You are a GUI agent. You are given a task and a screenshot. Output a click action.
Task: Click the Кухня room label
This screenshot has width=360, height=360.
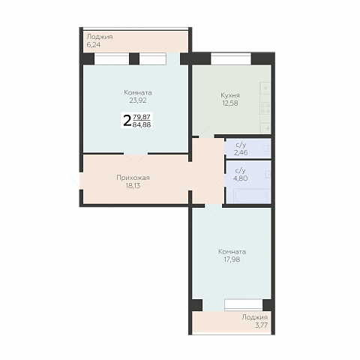pos(230,95)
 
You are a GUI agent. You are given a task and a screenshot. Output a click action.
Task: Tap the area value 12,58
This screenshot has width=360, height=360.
pos(230,103)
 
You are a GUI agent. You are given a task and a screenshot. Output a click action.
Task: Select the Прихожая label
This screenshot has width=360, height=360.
pos(133,178)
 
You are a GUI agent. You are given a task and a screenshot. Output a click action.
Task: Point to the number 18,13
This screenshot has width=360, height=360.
pos(133,186)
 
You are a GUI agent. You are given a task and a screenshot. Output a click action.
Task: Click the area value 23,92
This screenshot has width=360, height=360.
pos(138,100)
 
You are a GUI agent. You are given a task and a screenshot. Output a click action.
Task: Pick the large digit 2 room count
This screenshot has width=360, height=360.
pos(127,121)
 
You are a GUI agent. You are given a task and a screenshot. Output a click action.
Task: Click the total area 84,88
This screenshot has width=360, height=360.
pos(142,124)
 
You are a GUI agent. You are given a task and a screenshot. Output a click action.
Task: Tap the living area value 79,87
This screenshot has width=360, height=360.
pos(142,116)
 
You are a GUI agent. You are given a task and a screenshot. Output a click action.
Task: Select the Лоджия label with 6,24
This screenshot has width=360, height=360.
pos(100,37)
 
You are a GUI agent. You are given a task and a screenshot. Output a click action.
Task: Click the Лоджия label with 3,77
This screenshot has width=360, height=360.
pos(254,317)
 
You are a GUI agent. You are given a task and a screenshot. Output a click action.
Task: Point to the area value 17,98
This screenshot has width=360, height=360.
pos(232,259)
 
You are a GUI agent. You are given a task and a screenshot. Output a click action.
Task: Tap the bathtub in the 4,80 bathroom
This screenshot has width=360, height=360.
pos(251,196)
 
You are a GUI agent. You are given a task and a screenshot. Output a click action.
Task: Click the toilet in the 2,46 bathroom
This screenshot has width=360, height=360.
pos(266,148)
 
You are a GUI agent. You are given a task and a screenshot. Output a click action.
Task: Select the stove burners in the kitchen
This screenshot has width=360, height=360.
pos(265,108)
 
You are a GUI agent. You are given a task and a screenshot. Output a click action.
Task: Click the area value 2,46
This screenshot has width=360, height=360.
pos(241,152)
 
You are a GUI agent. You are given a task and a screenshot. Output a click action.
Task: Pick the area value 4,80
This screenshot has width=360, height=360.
pos(240,178)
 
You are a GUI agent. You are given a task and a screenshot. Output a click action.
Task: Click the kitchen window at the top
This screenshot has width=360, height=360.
pos(231,58)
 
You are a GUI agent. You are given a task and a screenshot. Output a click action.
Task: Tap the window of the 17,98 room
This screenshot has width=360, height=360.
pos(244,305)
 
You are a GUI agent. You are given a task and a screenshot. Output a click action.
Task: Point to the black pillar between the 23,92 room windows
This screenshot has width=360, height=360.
pos(134,58)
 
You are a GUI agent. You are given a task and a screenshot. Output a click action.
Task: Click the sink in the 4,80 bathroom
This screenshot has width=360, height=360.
pos(268,174)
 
